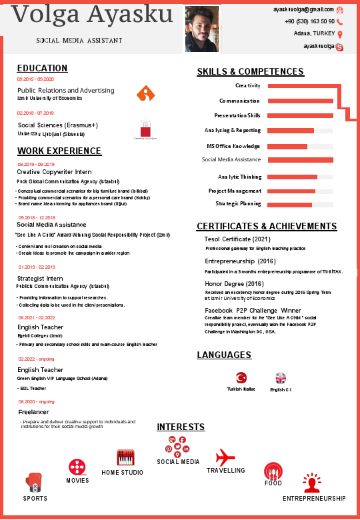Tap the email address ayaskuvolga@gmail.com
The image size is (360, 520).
point(303,10)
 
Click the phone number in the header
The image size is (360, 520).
point(309,22)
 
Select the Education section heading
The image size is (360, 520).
point(42,68)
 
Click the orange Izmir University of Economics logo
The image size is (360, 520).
point(145,93)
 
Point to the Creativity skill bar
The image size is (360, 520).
point(300,86)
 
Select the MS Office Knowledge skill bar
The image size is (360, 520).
point(300,146)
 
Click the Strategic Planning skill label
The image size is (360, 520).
point(238,203)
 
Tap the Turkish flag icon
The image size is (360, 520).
point(241,377)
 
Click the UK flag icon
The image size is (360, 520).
point(281,377)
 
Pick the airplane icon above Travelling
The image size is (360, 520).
point(225,457)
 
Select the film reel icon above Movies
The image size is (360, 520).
point(77,467)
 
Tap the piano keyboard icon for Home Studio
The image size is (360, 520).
point(126,458)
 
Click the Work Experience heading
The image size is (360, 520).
point(59,151)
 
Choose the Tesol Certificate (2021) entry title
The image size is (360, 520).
point(237,239)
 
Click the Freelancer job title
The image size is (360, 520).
point(33,412)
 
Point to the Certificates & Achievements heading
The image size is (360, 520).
point(267,226)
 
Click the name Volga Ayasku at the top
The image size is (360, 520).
point(93,15)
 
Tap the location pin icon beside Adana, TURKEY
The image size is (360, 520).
point(340,34)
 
